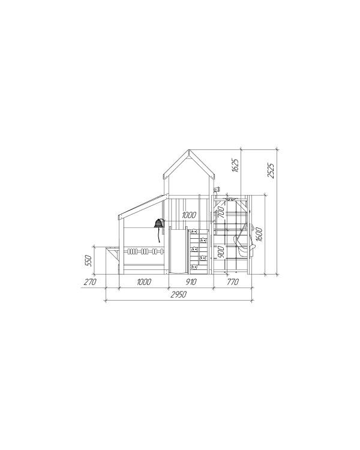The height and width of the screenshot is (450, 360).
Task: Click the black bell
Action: tap(159, 223)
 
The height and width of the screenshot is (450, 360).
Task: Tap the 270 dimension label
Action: tap(90, 282)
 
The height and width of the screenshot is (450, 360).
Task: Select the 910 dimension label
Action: tap(191, 282)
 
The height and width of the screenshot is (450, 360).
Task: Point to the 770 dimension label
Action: tap(233, 282)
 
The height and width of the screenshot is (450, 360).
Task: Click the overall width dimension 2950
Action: tap(179, 295)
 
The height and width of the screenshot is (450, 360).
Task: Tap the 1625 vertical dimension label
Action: tap(235, 165)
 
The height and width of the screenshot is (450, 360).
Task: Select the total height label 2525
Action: tap(271, 170)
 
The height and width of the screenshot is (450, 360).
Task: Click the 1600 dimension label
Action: tap(259, 234)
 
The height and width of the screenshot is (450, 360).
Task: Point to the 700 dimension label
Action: tap(221, 212)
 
